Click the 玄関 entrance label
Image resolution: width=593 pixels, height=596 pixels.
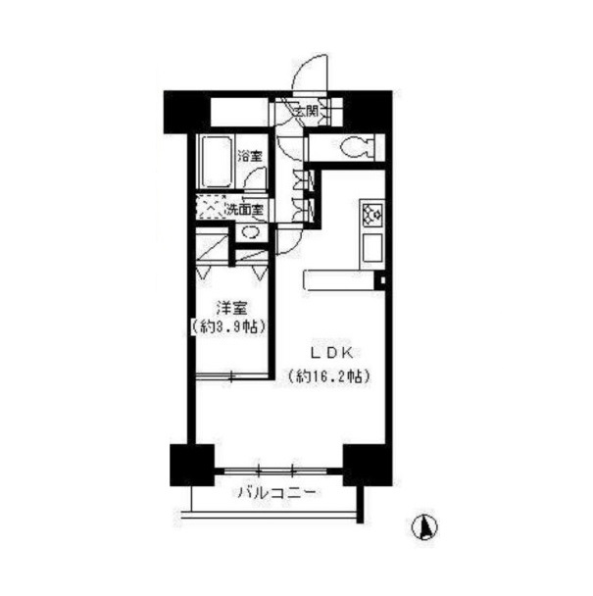[306, 112]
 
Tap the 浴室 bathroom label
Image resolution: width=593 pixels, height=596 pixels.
[250, 156]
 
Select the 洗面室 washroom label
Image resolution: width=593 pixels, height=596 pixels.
[244, 209]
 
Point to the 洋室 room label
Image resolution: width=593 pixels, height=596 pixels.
[231, 308]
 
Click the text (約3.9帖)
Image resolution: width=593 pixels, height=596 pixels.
[228, 326]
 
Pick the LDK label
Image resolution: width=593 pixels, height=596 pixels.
[332, 354]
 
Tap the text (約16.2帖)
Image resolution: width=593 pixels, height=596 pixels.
[328, 376]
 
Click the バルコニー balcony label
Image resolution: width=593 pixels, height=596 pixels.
[276, 493]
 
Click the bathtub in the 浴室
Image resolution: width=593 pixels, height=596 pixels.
[217, 162]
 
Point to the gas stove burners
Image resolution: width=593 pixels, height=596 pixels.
[372, 216]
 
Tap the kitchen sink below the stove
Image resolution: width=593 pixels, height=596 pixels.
[372, 248]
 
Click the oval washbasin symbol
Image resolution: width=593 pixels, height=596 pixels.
[251, 232]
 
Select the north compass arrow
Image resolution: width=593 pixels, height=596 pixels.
[424, 527]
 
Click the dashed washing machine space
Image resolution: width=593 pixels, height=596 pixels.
[211, 208]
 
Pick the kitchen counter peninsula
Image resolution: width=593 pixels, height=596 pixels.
[339, 280]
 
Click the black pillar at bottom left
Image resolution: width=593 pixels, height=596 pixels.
[192, 465]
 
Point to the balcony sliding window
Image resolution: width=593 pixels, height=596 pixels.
[276, 472]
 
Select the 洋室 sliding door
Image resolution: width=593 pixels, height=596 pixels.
[232, 375]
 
